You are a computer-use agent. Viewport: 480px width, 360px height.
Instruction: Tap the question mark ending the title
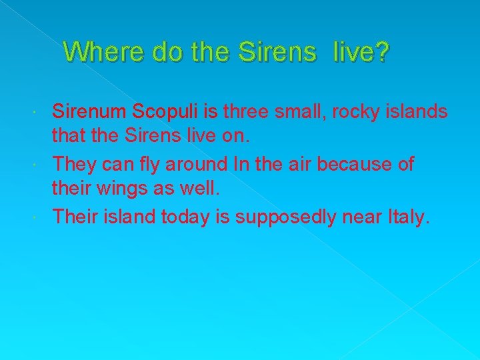[380, 51]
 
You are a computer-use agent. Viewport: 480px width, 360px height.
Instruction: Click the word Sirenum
[91, 111]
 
